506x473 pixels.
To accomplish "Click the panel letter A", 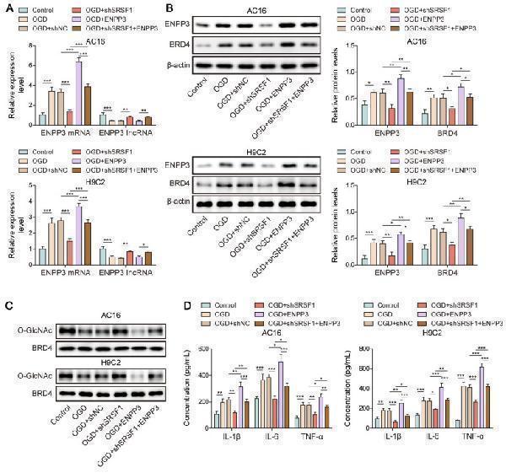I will click(8, 8).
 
